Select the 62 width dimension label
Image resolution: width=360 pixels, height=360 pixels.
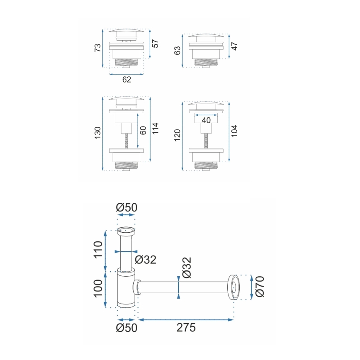click(x=126, y=80)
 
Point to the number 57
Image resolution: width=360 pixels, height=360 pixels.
click(x=155, y=43)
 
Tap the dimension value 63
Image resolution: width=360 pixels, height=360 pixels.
click(x=178, y=51)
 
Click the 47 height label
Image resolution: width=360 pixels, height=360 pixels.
click(x=234, y=46)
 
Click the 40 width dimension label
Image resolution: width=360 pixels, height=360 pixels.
click(x=206, y=120)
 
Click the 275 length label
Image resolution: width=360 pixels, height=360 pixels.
click(x=186, y=327)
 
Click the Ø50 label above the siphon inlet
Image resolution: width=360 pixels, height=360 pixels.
click(x=126, y=207)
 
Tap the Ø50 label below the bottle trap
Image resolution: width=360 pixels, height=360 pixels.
click(x=126, y=328)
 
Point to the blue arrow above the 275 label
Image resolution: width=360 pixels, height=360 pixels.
click(x=186, y=319)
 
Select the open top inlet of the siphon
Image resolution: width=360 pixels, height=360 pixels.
click(x=126, y=229)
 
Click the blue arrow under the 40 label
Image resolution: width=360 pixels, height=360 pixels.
click(x=206, y=115)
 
